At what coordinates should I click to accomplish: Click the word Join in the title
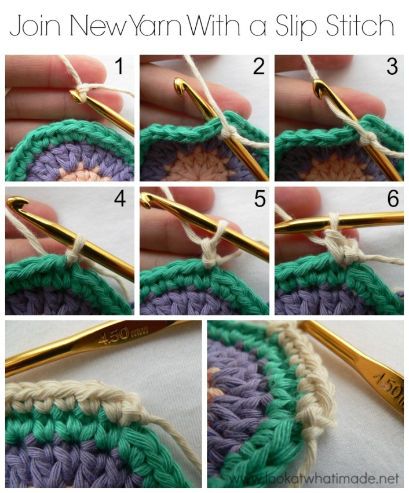click(x=35, y=25)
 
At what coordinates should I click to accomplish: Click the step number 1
click(x=119, y=66)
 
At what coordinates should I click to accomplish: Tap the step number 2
click(x=259, y=67)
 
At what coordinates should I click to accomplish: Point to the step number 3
click(x=392, y=66)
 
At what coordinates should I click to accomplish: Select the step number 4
click(x=120, y=198)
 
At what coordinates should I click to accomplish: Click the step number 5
click(x=260, y=199)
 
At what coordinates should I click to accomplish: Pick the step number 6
click(x=393, y=198)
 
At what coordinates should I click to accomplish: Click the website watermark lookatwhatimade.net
click(x=313, y=478)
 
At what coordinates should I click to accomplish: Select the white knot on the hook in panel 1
click(x=82, y=91)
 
